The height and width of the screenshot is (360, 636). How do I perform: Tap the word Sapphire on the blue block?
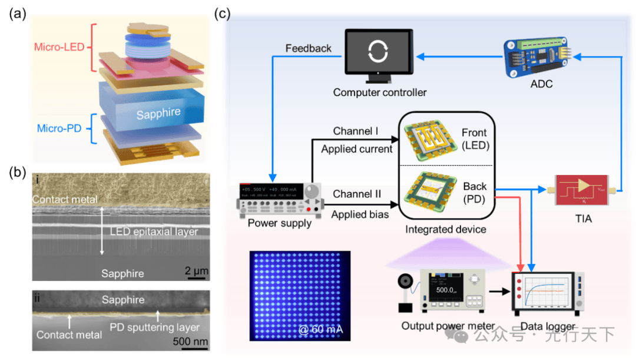(158, 114)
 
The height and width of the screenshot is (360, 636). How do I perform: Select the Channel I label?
(356, 131)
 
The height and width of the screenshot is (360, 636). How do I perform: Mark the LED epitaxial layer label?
(153, 231)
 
